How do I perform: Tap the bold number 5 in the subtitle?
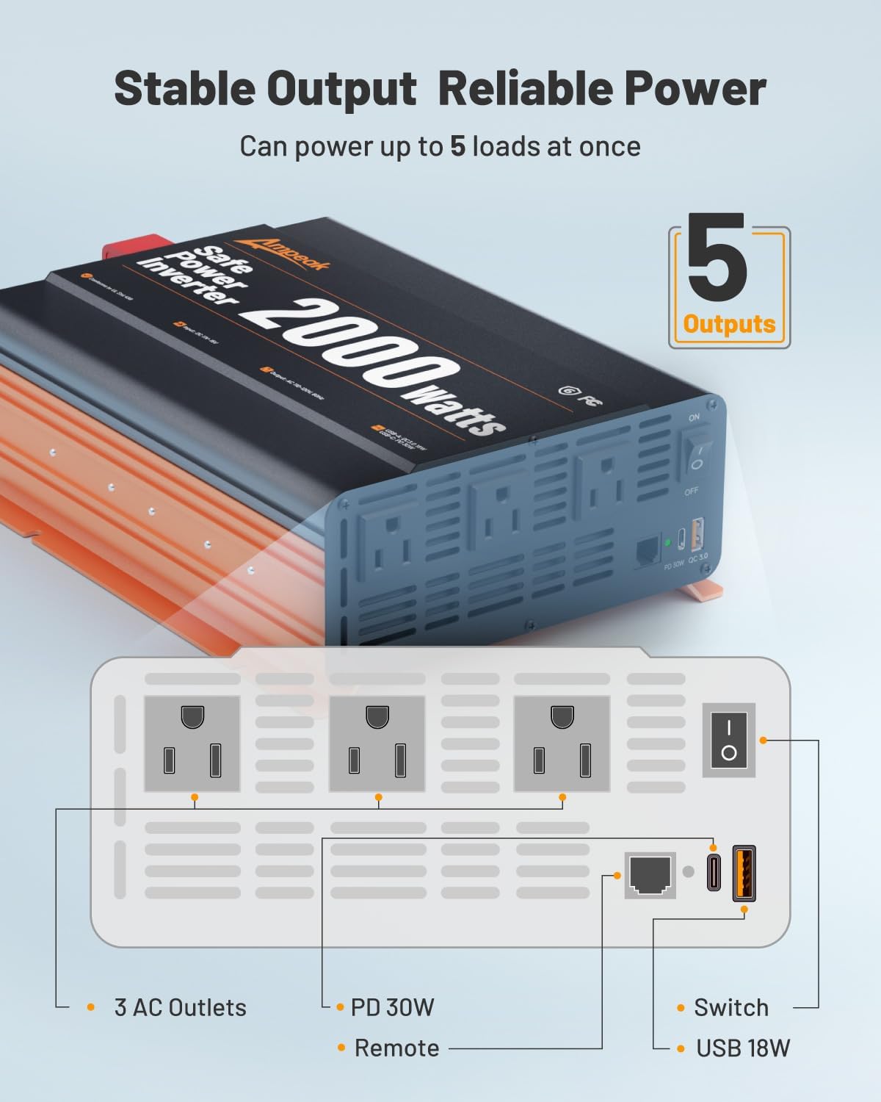[457, 146]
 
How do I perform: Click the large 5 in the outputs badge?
[717, 258]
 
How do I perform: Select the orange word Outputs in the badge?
[729, 324]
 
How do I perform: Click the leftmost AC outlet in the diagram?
[192, 743]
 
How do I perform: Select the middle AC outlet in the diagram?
[377, 743]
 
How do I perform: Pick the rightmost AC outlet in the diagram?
[562, 743]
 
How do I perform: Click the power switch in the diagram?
[728, 739]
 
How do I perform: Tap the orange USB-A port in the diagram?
[744, 873]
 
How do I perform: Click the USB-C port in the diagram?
[714, 873]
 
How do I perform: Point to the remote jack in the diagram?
[650, 874]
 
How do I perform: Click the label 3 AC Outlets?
[180, 1007]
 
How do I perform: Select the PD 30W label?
[392, 1007]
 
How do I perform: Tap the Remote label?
[396, 1048]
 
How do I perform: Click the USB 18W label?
[743, 1048]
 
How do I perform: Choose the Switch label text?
[731, 1007]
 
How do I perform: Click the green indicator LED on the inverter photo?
[667, 544]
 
